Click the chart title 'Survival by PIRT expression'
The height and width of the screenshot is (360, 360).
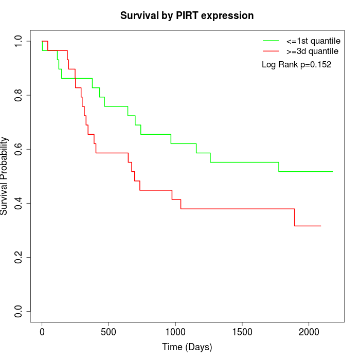pyautogui.click(x=187, y=15)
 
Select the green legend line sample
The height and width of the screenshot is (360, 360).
pyautogui.click(x=271, y=41)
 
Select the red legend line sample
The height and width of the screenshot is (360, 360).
pyautogui.click(x=271, y=51)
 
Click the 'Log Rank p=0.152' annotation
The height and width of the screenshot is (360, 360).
pyautogui.click(x=296, y=65)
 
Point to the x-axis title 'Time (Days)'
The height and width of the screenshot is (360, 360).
pyautogui.click(x=187, y=347)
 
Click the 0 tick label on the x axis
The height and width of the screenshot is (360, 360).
pyautogui.click(x=42, y=332)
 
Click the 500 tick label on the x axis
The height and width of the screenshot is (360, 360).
pyautogui.click(x=109, y=332)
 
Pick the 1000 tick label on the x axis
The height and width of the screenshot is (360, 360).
pyautogui.click(x=175, y=332)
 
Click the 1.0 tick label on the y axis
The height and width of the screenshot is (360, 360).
pyautogui.click(x=19, y=41)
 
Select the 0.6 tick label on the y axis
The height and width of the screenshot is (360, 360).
pyautogui.click(x=19, y=149)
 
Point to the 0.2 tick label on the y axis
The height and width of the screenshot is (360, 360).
pyautogui.click(x=19, y=257)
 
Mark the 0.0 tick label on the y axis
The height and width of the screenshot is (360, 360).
pyautogui.click(x=19, y=311)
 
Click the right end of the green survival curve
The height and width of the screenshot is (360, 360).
pyautogui.click(x=333, y=171)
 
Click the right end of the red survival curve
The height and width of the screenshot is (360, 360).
pyautogui.click(x=320, y=226)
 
